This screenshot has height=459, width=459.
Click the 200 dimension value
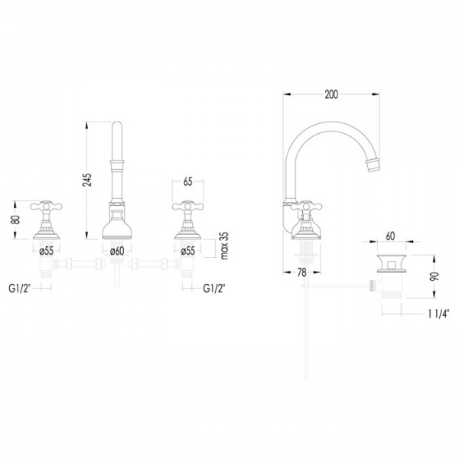click(331, 95)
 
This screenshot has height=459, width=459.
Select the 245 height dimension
click(87, 180)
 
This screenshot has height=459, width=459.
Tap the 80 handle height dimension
click(15, 220)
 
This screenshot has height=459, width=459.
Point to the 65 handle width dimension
click(188, 181)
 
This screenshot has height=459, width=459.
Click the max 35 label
click(224, 246)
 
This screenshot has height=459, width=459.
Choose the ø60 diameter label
click(117, 251)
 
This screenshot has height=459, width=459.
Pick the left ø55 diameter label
click(46, 251)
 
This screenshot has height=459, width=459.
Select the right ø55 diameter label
click(188, 251)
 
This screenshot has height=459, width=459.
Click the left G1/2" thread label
click(20, 288)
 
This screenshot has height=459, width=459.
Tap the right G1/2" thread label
click(214, 288)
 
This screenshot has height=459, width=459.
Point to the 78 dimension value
click(302, 272)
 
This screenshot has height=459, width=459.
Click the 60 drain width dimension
click(390, 236)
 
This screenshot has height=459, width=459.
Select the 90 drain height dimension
click(435, 276)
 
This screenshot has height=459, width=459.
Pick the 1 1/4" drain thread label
click(438, 314)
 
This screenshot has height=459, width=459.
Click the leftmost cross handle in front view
click(46, 207)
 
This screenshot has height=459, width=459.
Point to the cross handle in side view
click(306, 207)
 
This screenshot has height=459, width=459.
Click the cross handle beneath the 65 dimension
click(188, 207)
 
